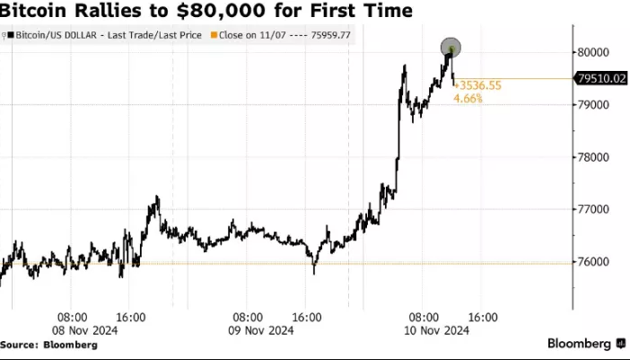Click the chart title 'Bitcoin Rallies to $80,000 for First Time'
[x=207, y=12]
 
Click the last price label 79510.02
[x=600, y=79]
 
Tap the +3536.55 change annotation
[x=477, y=85]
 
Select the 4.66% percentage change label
[x=468, y=98]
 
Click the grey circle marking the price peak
[x=451, y=48]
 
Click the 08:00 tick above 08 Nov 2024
[x=73, y=317]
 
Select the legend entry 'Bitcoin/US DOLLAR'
[x=54, y=35]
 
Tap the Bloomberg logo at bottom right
[x=587, y=344]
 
